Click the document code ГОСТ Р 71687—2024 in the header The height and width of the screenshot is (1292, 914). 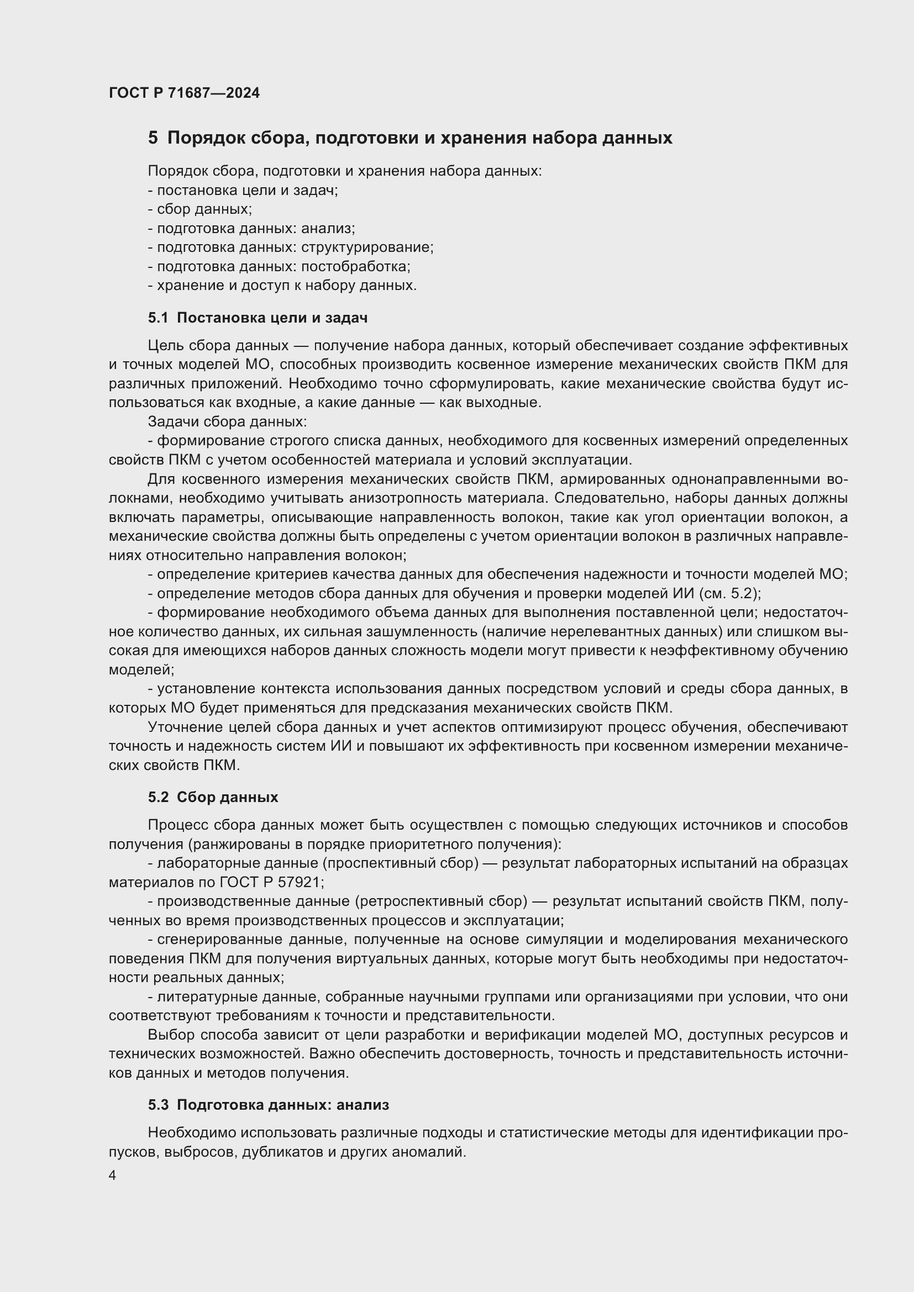(x=184, y=93)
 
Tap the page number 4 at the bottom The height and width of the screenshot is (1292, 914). (x=113, y=1175)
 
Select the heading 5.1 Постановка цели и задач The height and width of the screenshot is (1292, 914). (x=258, y=318)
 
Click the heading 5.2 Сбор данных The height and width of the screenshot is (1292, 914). (x=213, y=797)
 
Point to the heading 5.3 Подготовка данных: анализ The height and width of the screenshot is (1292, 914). (x=269, y=1105)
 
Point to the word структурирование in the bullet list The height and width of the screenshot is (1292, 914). (x=366, y=247)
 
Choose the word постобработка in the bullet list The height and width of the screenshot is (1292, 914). (x=355, y=266)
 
